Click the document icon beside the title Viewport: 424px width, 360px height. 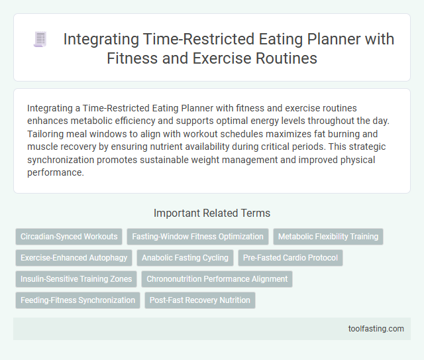(x=40, y=40)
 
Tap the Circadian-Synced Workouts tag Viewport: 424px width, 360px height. (x=69, y=236)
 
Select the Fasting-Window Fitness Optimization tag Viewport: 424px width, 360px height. (x=198, y=236)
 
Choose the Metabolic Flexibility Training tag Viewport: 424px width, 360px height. (x=329, y=236)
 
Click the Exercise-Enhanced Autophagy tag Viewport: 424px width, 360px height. (x=74, y=257)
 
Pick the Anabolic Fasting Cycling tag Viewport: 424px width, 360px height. (x=185, y=257)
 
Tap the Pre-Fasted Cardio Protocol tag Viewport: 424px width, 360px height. (x=290, y=257)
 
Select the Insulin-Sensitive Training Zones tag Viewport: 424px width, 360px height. (x=76, y=279)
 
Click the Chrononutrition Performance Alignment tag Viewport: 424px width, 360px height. (x=217, y=279)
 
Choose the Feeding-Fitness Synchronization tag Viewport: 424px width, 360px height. (x=78, y=300)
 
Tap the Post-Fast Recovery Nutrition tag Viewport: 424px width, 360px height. (x=200, y=300)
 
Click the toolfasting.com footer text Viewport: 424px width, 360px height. (x=376, y=328)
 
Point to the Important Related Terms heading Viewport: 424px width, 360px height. (x=212, y=213)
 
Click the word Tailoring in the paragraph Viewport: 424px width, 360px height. (x=47, y=134)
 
